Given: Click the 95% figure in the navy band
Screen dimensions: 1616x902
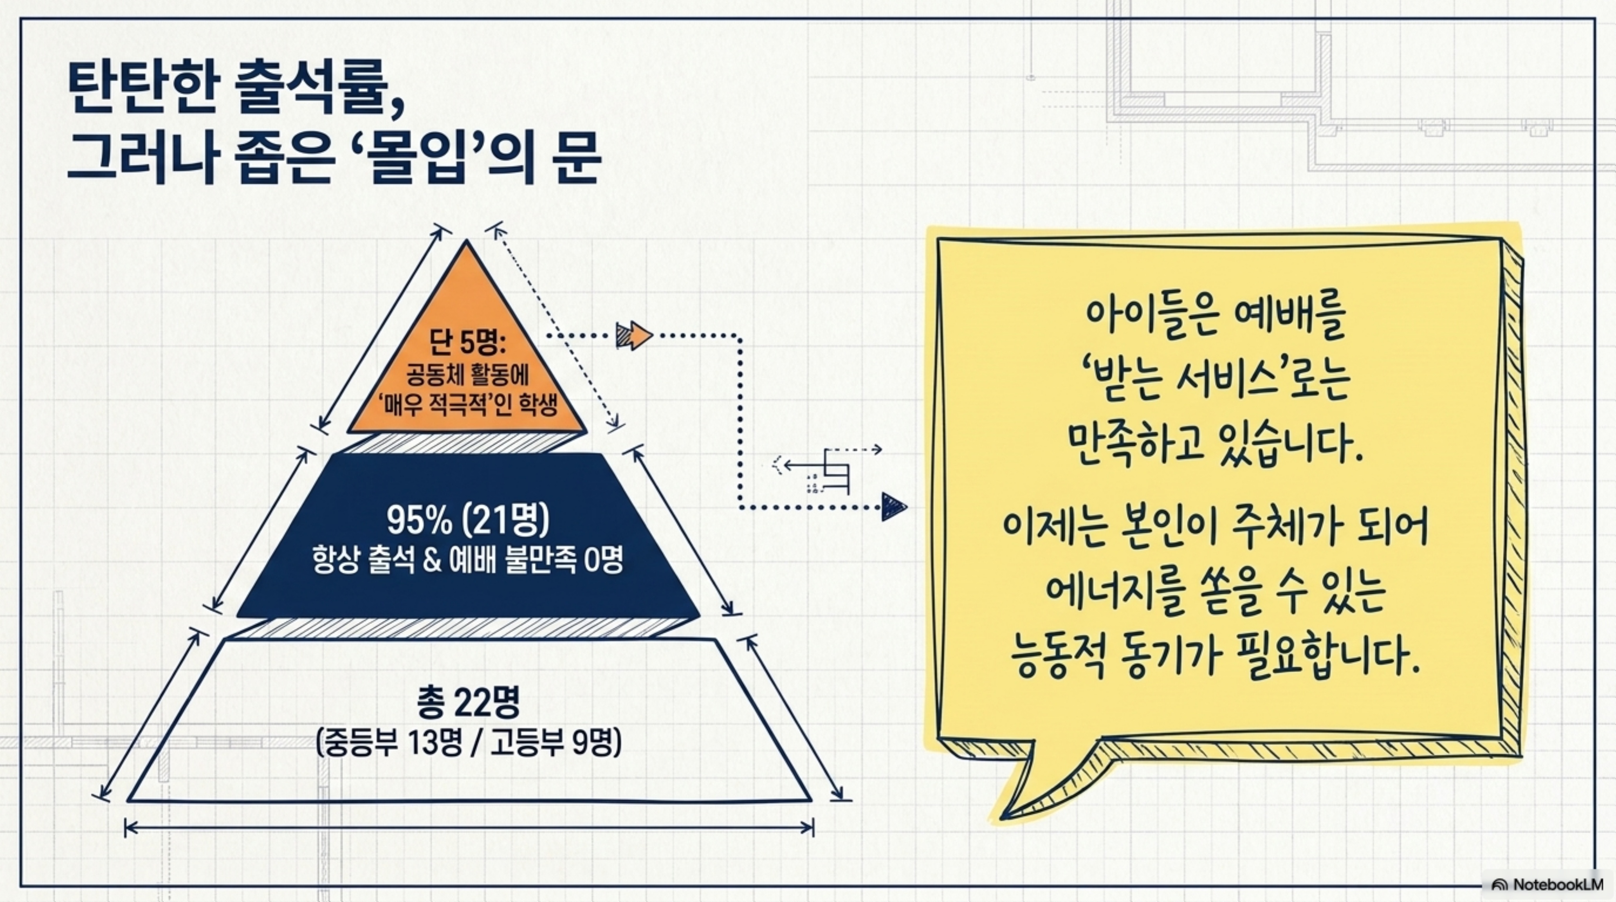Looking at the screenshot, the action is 419,520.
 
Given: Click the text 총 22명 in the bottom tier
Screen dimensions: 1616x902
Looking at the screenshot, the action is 468,704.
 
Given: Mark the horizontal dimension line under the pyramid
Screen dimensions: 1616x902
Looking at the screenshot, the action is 469,828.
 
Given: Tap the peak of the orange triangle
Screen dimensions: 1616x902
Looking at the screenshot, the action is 466,245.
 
